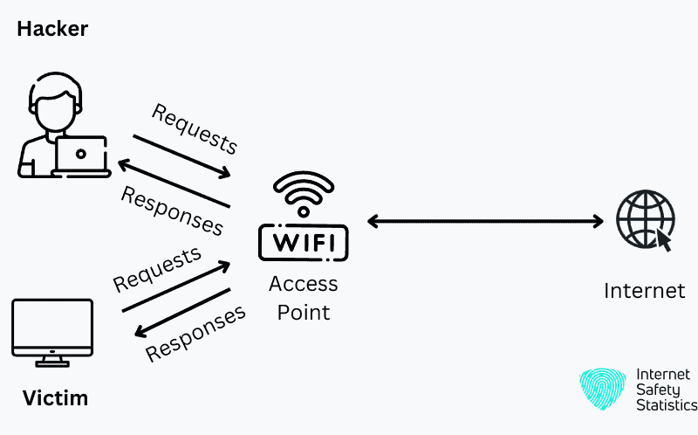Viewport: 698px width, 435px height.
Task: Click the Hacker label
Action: [52, 29]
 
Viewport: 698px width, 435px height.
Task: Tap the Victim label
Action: [55, 399]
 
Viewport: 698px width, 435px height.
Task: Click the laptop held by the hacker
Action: [80, 155]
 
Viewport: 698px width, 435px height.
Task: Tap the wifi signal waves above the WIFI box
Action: [303, 194]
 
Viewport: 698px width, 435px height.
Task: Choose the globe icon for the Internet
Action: [644, 218]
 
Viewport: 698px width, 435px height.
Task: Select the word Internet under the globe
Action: [644, 290]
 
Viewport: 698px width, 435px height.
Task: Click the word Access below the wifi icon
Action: [303, 285]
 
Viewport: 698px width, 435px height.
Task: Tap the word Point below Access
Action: [303, 312]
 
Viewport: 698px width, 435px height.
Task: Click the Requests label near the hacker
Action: [194, 128]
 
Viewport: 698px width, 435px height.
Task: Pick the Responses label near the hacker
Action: [172, 211]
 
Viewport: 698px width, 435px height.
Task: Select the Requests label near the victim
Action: [157, 270]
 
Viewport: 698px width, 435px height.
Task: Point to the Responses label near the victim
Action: [195, 335]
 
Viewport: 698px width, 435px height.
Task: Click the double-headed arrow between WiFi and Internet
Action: [485, 221]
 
